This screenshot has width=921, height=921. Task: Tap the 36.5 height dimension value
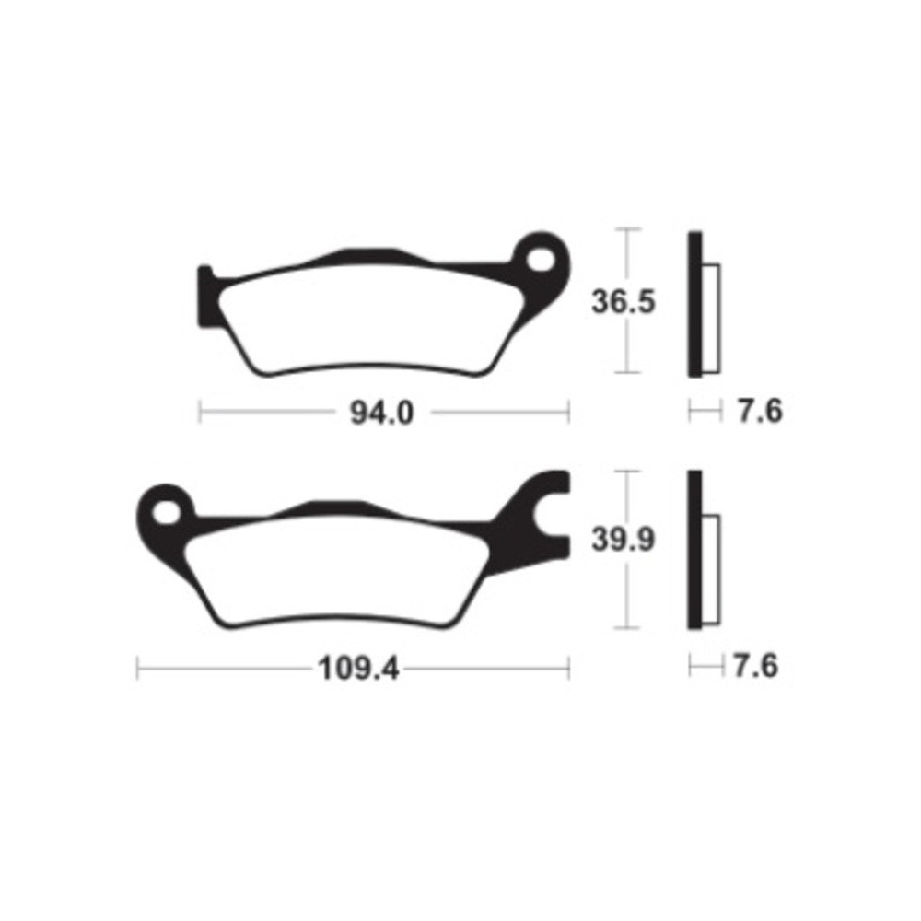[x=624, y=301]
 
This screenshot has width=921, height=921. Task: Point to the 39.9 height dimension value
[x=624, y=541]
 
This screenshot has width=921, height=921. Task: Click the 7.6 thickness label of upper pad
[x=759, y=411]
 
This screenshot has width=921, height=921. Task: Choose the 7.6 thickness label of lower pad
[x=756, y=665]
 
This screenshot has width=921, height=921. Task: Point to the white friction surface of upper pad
[x=368, y=322]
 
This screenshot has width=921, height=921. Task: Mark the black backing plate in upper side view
[x=694, y=304]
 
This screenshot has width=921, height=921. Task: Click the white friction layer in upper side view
[x=712, y=318]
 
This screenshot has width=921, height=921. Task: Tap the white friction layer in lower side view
[x=712, y=566]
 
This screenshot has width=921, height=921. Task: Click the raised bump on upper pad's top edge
[x=359, y=255]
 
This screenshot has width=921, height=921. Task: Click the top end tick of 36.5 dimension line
[x=627, y=229]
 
